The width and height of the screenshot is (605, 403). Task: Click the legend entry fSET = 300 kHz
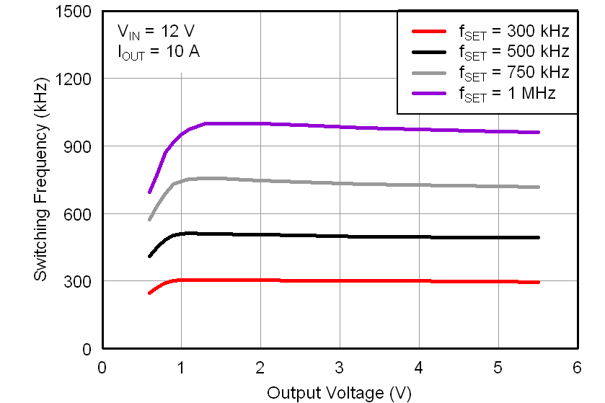pyautogui.click(x=490, y=32)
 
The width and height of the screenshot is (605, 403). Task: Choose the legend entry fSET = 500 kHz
pyautogui.click(x=490, y=52)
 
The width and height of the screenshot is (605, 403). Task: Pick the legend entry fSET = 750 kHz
pyautogui.click(x=490, y=73)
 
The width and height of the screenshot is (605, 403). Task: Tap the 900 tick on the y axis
pyautogui.click(x=79, y=146)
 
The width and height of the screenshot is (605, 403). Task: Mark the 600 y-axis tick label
pyautogui.click(x=79, y=213)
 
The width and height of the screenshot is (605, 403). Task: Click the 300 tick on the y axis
pyautogui.click(x=79, y=281)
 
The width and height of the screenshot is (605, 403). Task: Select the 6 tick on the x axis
pyautogui.click(x=577, y=367)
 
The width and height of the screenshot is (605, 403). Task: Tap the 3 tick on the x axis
pyautogui.click(x=340, y=367)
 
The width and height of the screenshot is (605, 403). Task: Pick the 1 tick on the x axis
pyautogui.click(x=181, y=367)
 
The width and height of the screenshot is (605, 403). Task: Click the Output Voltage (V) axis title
pyautogui.click(x=339, y=393)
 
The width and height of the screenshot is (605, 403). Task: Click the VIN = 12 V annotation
pyautogui.click(x=156, y=32)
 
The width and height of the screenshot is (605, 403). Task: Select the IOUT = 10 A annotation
pyautogui.click(x=159, y=52)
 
